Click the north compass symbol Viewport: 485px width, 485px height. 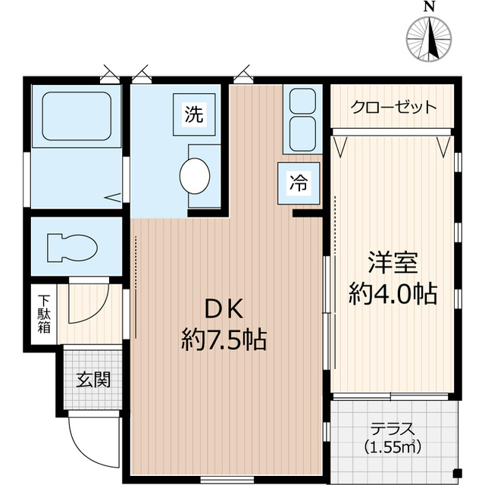430,36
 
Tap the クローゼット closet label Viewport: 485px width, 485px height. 393,107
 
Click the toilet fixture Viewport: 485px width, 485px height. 72,247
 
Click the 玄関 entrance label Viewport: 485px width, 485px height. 92,378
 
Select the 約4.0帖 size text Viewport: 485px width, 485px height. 393,294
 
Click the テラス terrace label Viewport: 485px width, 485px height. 393,429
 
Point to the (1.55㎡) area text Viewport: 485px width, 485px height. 393,446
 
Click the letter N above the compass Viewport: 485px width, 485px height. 430,7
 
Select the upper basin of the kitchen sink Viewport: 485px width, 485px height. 303,101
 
